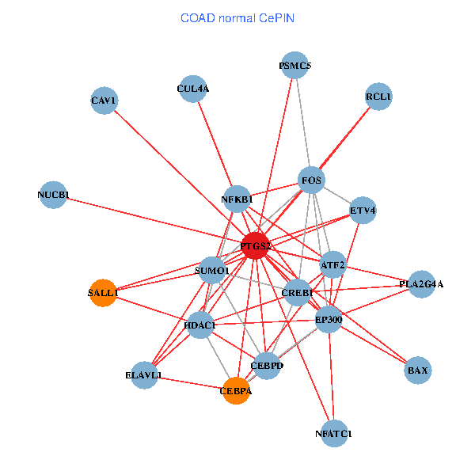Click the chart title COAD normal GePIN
click(x=237, y=17)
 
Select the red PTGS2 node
click(x=255, y=246)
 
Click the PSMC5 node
click(x=295, y=66)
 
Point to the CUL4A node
click(x=193, y=89)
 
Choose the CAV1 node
click(x=104, y=101)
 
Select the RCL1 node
click(x=378, y=97)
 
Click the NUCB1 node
click(x=54, y=195)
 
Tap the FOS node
click(x=311, y=180)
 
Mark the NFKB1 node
click(x=237, y=199)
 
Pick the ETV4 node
click(x=363, y=211)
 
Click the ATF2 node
click(x=332, y=264)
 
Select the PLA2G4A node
click(x=421, y=283)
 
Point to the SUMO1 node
click(x=211, y=271)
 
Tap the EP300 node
click(x=329, y=320)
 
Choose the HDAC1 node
click(x=199, y=325)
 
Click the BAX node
click(x=417, y=370)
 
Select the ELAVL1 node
click(x=143, y=375)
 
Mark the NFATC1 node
click(x=334, y=433)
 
